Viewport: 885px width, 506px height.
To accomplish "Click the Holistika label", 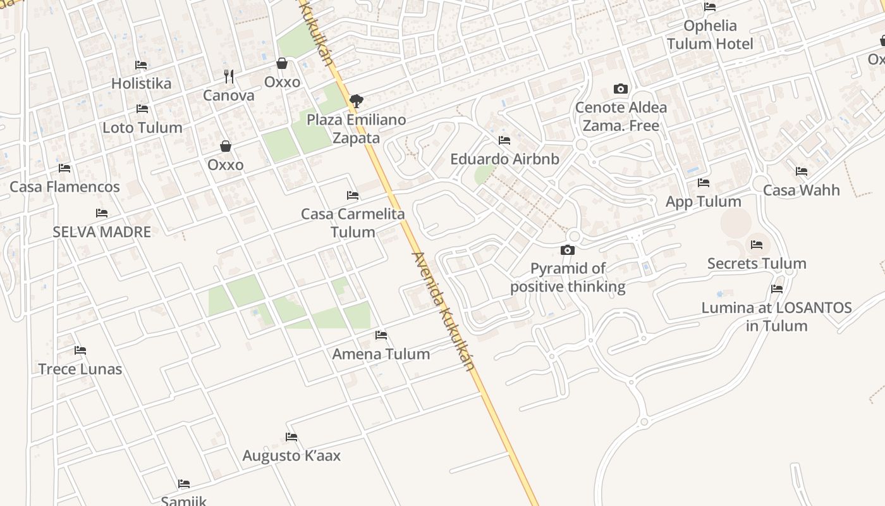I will pyautogui.click(x=141, y=83).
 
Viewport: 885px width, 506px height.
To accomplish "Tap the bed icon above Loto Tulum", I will pyautogui.click(x=142, y=109).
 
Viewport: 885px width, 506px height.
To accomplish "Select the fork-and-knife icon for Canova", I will pyautogui.click(x=229, y=77).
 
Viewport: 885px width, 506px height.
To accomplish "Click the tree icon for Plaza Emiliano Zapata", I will pyautogui.click(x=356, y=100).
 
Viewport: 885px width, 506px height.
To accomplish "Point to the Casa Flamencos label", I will pyautogui.click(x=64, y=187).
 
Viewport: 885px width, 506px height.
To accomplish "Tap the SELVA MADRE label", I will pyautogui.click(x=102, y=232).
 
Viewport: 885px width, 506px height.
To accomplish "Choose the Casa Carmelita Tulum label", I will pyautogui.click(x=353, y=223).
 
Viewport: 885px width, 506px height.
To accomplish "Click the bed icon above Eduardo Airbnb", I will pyautogui.click(x=504, y=140).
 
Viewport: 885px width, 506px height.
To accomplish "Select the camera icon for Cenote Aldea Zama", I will pyautogui.click(x=621, y=89).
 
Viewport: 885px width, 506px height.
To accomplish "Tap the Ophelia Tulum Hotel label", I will pyautogui.click(x=710, y=35).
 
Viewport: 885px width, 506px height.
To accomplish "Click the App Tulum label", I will pyautogui.click(x=703, y=202).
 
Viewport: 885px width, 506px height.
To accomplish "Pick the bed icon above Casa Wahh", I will pyautogui.click(x=802, y=171).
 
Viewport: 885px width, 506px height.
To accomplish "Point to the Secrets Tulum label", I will pyautogui.click(x=757, y=264).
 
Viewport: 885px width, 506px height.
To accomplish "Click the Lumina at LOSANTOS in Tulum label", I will pyautogui.click(x=776, y=317).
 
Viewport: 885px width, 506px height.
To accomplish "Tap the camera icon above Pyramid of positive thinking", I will pyautogui.click(x=568, y=250).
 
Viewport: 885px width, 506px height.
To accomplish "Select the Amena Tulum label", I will pyautogui.click(x=381, y=354).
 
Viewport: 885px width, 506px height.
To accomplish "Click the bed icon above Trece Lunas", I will pyautogui.click(x=80, y=350).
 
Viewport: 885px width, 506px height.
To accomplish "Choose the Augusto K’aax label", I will pyautogui.click(x=291, y=456).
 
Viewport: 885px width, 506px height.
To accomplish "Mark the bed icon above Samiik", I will pyautogui.click(x=184, y=484).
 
